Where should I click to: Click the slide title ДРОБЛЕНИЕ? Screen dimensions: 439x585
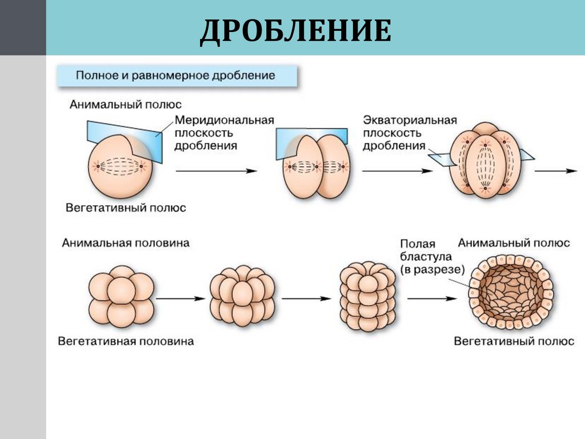pos(295,31)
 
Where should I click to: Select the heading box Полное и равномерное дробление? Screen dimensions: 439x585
pos(176,75)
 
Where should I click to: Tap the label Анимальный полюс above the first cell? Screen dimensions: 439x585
pos(126,105)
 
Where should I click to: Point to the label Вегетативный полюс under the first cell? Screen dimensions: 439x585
pos(126,208)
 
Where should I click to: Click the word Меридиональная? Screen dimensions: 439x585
pos(225,121)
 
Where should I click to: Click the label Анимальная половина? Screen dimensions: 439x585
pos(126,243)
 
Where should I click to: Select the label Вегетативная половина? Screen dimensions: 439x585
pos(126,341)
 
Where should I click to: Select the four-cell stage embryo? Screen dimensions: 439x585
pos(484,161)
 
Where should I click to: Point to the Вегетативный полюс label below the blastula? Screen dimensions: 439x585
pos(514,341)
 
